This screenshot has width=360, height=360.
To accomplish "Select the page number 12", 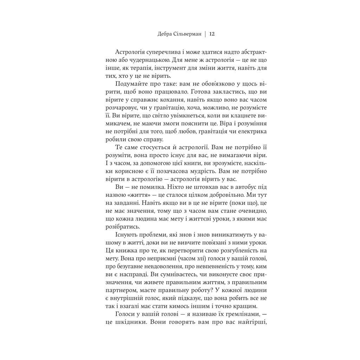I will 212,34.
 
